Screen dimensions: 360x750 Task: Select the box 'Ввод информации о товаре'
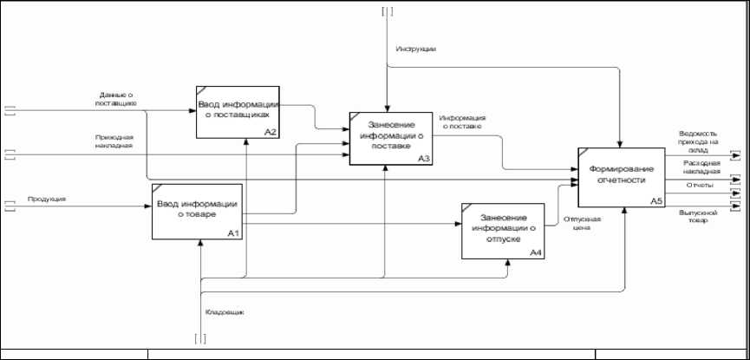click(x=197, y=212)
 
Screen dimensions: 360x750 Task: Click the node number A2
click(x=271, y=132)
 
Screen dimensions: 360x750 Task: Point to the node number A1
click(x=232, y=232)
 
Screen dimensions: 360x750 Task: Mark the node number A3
click(x=423, y=159)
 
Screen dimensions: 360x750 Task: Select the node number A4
click(x=536, y=252)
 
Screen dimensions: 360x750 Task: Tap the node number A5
click(x=655, y=201)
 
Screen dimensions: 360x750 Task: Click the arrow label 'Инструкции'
click(x=415, y=49)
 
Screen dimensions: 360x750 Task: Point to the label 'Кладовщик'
click(x=223, y=311)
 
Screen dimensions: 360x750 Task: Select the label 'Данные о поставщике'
click(x=116, y=99)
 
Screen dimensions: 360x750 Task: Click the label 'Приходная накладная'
click(x=114, y=141)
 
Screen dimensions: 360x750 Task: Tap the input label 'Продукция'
click(x=47, y=199)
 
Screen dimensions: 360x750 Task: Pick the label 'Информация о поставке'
click(x=461, y=121)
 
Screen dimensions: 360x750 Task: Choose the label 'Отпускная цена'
click(x=582, y=225)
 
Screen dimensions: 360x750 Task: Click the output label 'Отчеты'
click(x=699, y=185)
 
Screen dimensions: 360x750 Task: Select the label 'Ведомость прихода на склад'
click(x=699, y=141)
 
